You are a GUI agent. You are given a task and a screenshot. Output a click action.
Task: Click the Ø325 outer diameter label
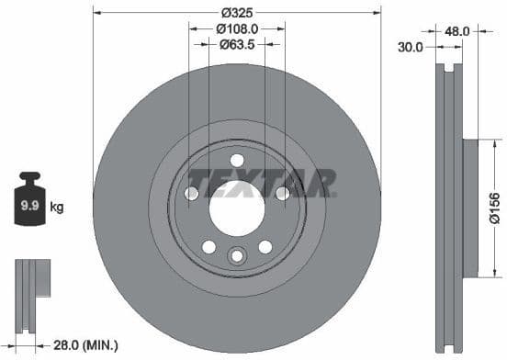[236, 13]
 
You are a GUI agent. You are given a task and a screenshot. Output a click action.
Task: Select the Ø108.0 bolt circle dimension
[236, 28]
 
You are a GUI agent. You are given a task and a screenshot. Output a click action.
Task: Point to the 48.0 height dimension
[456, 30]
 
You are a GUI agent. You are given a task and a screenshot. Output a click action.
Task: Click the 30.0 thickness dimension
[411, 47]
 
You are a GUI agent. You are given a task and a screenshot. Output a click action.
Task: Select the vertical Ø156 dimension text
[493, 207]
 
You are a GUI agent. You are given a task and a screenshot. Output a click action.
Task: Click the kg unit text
[57, 208]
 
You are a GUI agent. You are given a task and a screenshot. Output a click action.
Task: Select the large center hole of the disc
[236, 207]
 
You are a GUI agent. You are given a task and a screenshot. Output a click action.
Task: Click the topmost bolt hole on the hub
[236, 161]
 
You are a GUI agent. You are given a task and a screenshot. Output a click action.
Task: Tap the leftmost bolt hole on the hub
[191, 193]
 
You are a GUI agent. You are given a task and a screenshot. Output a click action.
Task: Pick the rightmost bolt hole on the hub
[282, 193]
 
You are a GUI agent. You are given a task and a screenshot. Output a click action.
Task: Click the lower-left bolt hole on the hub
[208, 246]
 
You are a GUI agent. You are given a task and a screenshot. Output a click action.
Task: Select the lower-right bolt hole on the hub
[265, 246]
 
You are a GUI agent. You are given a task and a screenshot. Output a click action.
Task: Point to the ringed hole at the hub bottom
[236, 256]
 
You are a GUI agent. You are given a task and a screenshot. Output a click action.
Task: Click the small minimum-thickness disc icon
[29, 287]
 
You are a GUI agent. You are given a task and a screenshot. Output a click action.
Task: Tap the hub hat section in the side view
[470, 207]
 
